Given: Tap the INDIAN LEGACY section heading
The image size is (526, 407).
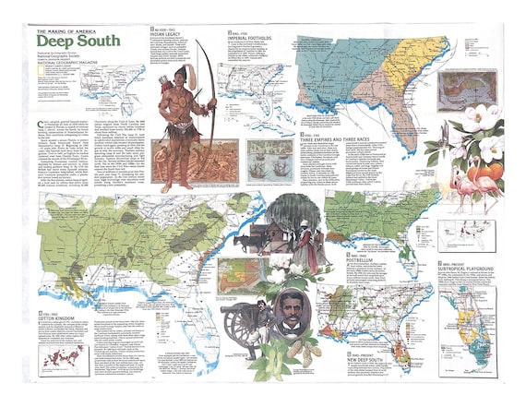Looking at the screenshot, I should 175,34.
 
